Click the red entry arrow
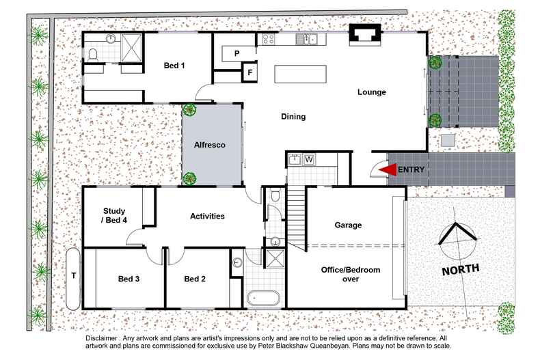[388, 169]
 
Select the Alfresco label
[211, 146]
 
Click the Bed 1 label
[174, 66]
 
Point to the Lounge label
[372, 92]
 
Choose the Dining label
[293, 117]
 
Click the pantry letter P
[236, 53]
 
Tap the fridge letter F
[250, 72]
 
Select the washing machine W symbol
[309, 160]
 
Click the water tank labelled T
[73, 277]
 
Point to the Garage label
[348, 225]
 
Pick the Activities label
[207, 216]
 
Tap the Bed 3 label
[129, 279]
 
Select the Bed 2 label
[195, 279]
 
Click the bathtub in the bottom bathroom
[262, 298]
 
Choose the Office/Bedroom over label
[351, 274]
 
